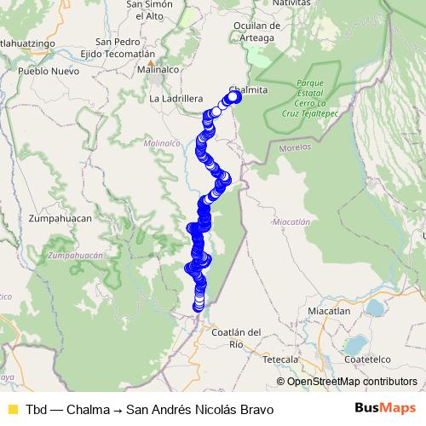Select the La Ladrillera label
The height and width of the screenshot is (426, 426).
tap(175, 99)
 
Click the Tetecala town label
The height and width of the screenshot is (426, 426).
tap(280, 360)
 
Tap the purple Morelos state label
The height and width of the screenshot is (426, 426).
tap(294, 147)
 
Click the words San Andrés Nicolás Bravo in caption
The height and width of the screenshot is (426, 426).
tap(200, 410)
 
